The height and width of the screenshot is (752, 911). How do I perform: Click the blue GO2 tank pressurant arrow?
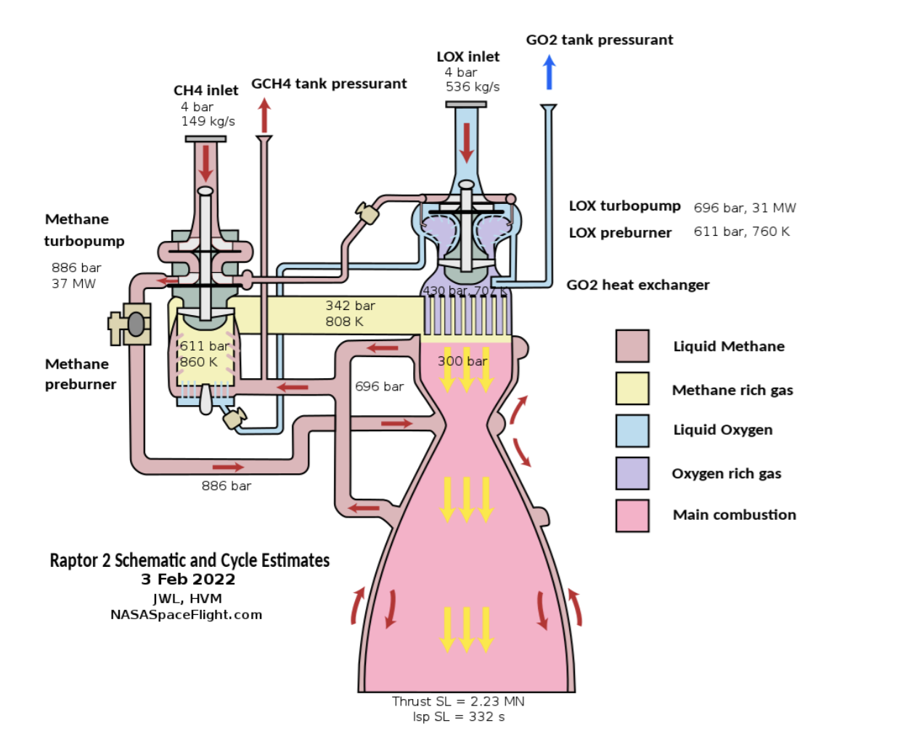click(550, 73)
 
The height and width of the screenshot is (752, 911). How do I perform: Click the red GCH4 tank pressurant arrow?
click(264, 115)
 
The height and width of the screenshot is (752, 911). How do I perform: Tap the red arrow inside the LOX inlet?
click(466, 143)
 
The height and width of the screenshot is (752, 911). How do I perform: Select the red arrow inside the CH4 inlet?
click(206, 163)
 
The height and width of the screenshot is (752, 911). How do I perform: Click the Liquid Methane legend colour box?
click(632, 346)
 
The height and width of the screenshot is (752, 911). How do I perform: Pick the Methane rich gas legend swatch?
click(632, 388)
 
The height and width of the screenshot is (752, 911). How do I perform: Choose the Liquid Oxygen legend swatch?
click(632, 430)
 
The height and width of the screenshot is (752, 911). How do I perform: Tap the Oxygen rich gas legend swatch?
click(632, 473)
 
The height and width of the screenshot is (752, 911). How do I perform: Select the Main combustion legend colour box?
click(632, 515)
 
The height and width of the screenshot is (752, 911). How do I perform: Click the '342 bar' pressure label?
click(351, 306)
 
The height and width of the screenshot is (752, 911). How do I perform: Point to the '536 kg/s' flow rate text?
click(473, 87)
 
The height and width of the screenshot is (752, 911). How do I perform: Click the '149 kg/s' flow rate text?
click(208, 121)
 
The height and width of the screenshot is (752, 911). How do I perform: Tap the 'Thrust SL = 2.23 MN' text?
click(458, 701)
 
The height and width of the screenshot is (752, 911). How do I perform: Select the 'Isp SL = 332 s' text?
click(459, 717)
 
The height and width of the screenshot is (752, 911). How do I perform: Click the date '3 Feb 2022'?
click(188, 579)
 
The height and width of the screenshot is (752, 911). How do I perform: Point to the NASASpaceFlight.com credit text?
click(187, 615)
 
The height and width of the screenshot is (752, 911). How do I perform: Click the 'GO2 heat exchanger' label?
click(638, 285)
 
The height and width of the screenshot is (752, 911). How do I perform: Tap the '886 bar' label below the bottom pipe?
click(226, 486)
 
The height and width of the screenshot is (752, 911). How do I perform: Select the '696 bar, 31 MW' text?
click(745, 208)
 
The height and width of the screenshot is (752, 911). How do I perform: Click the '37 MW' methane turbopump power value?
click(73, 284)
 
